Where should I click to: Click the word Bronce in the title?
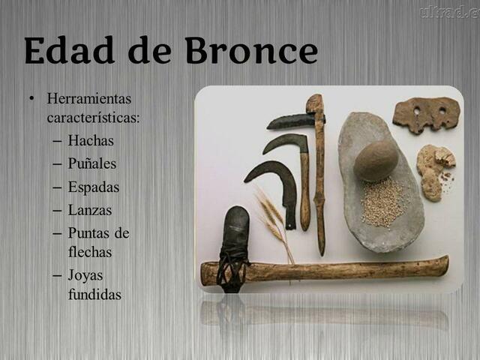tap(250, 50)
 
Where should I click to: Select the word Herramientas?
tap(88, 98)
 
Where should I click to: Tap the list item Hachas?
tap(91, 140)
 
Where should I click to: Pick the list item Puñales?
tap(92, 163)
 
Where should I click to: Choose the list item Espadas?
tap(94, 187)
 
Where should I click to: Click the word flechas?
tap(90, 252)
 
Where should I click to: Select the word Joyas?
tap(85, 275)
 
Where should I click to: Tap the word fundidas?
tap(94, 294)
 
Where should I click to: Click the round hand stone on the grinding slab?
tap(375, 160)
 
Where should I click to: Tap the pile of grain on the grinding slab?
tap(382, 200)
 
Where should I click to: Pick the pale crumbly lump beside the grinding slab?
tap(435, 169)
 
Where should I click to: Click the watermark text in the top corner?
tap(448, 10)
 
